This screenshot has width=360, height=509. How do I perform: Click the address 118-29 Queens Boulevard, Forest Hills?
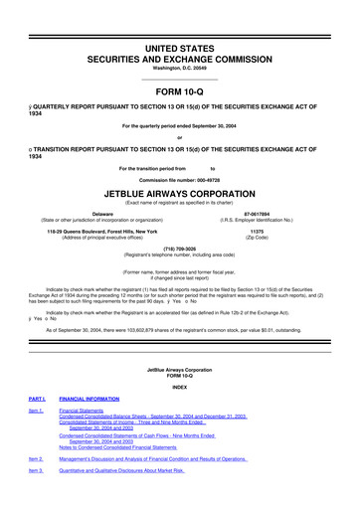[x=102, y=230]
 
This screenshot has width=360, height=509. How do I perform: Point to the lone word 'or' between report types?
[x=180, y=137]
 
